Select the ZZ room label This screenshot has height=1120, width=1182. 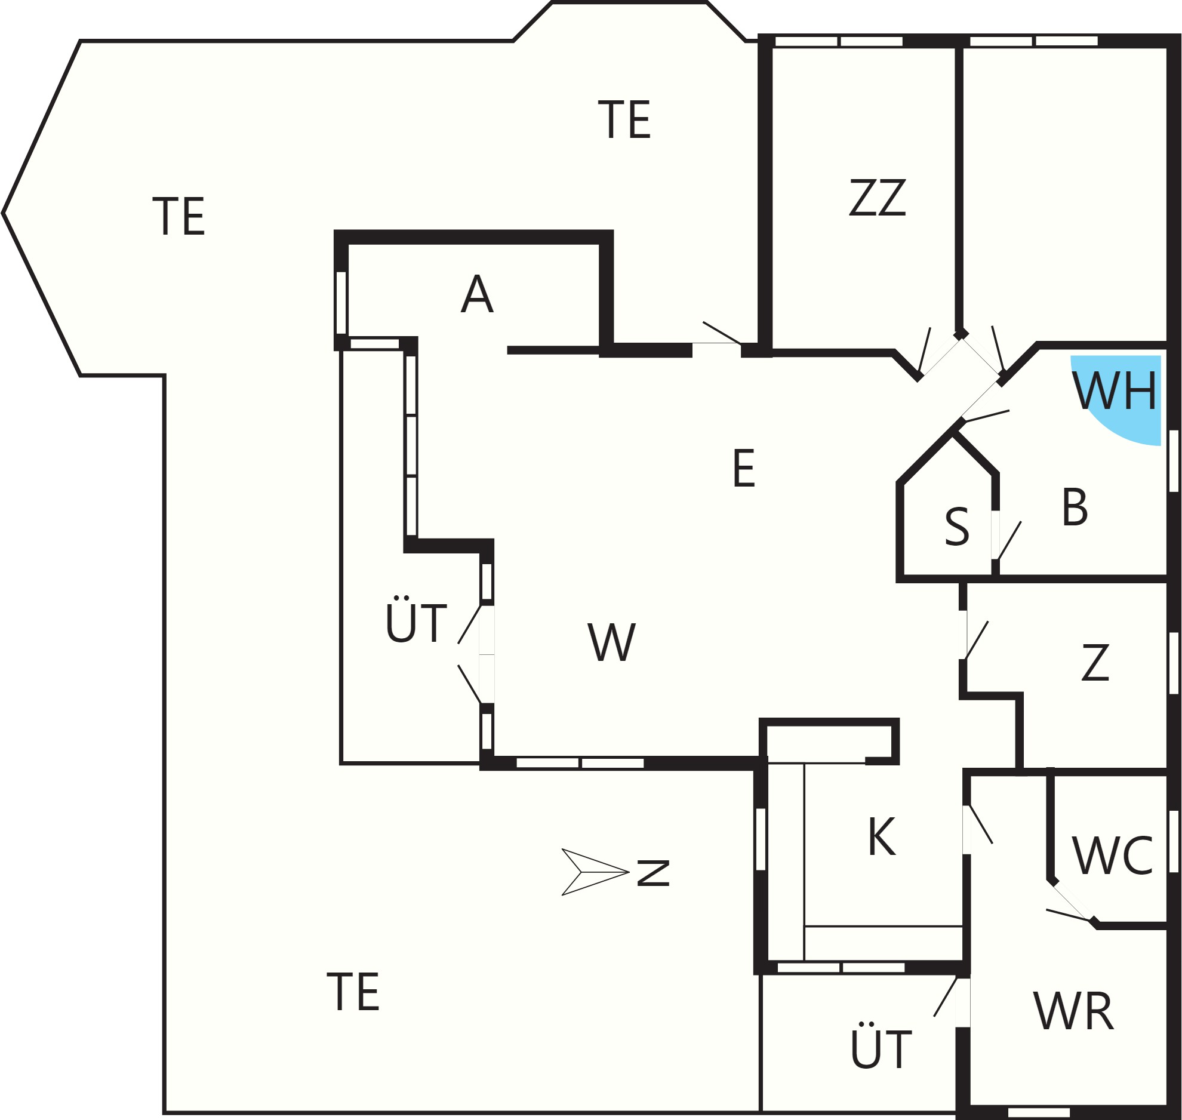[x=877, y=198]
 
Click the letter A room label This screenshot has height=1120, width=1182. [x=477, y=294]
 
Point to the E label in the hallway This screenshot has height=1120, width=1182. [x=744, y=469]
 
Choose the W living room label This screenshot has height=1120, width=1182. [x=612, y=642]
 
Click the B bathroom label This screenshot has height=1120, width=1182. [x=1075, y=507]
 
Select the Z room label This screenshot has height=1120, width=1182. [x=1095, y=662]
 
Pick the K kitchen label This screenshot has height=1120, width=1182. [x=882, y=837]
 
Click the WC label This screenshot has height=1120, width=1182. [x=1113, y=856]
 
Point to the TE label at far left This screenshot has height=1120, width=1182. [x=178, y=216]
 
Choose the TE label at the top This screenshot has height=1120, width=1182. [x=624, y=119]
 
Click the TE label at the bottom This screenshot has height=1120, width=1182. [x=353, y=992]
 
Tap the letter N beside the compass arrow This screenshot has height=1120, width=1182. [x=653, y=872]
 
